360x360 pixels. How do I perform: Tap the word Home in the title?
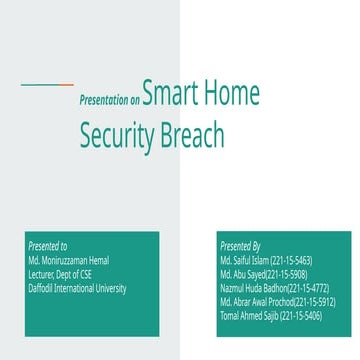coord(233,96)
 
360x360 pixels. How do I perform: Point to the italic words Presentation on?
coord(109,101)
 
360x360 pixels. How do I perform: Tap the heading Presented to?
coord(48,245)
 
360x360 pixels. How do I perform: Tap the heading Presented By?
coord(240,245)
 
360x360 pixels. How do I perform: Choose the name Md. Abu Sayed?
coord(242,273)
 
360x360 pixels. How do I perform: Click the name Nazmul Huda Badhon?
coord(253,287)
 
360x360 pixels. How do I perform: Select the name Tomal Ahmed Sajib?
coord(249,315)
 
